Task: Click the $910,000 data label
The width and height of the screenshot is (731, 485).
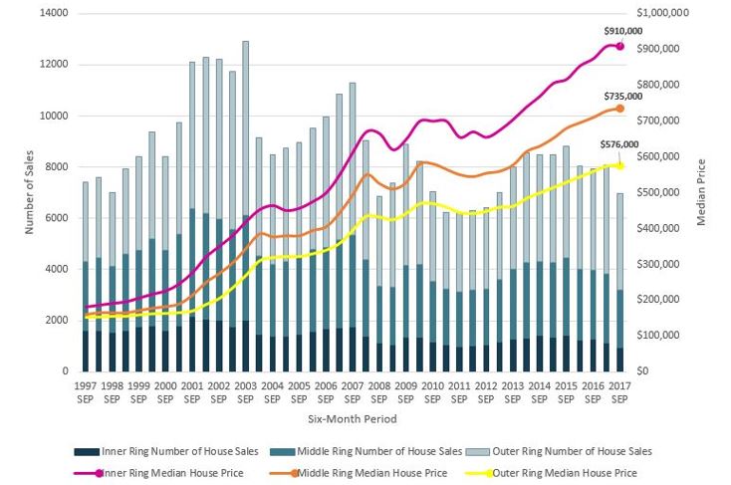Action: [623, 32]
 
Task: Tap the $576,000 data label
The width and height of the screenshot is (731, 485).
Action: [618, 144]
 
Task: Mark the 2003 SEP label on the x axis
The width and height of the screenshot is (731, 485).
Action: [246, 390]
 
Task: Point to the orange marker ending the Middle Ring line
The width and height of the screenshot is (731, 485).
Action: [619, 108]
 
